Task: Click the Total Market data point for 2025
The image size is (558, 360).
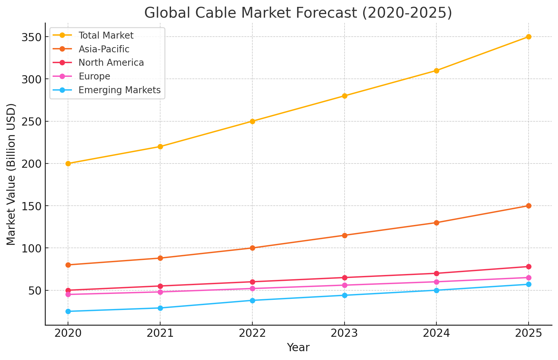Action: pos(529,37)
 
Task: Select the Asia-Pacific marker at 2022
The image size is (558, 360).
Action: pos(252,248)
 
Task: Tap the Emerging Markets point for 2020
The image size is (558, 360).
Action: pos(68,311)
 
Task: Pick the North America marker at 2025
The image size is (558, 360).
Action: pos(529,266)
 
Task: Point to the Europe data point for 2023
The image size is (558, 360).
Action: pos(345,285)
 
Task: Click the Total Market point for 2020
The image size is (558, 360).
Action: pos(68,163)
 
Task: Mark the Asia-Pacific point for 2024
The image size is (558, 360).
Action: pos(436,223)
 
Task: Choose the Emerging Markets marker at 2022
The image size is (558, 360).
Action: pos(252,300)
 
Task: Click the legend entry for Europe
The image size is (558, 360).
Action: pos(94,77)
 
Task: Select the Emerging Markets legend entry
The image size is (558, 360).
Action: pos(119,90)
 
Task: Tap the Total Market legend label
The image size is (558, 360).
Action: pos(106,35)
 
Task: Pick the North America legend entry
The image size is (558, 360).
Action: pos(111,63)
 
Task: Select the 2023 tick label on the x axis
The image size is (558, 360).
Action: pos(345,334)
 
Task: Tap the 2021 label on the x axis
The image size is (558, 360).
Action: pos(160,334)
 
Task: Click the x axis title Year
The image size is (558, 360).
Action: pos(298,348)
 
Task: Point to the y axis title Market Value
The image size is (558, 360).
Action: pos(11,174)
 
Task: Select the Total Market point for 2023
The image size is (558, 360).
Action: pos(345,96)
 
